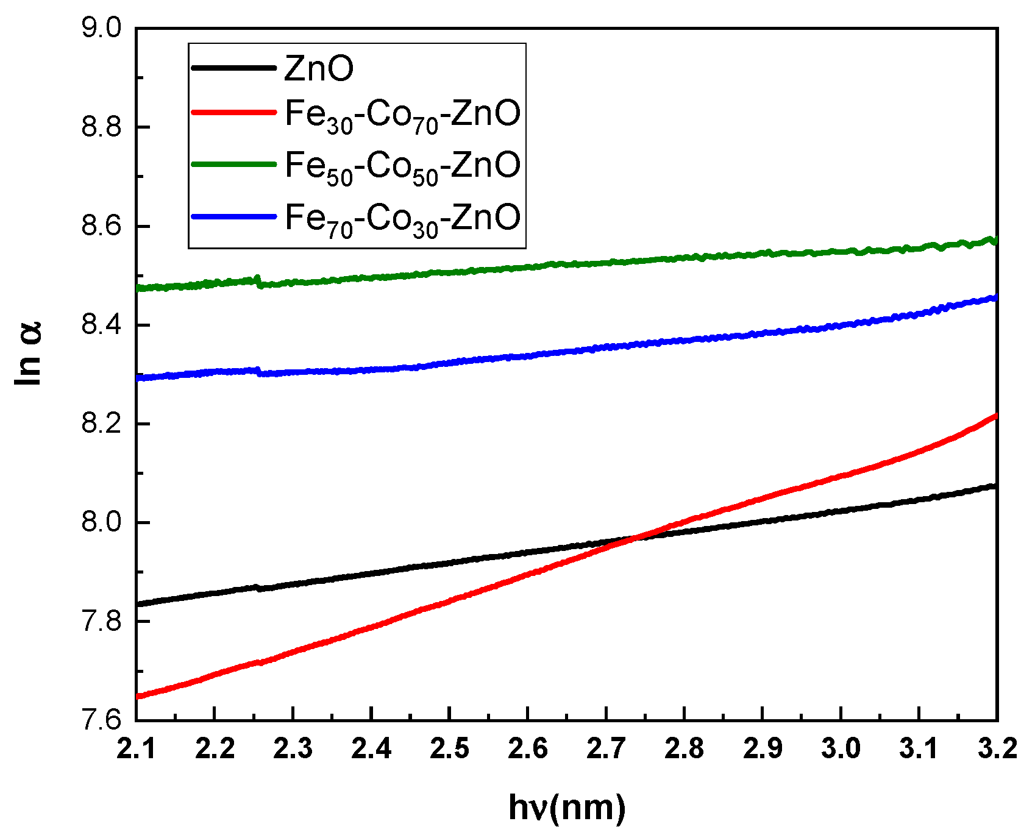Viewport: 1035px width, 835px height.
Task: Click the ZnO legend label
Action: coord(319,68)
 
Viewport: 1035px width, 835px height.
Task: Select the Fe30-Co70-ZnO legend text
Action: coord(403,114)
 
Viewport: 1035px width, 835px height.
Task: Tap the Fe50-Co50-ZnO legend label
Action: coord(403,165)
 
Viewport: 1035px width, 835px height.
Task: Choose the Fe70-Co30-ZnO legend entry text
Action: coord(403,218)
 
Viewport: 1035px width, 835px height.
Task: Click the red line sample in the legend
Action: coord(233,112)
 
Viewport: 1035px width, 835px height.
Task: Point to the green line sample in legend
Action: coord(233,164)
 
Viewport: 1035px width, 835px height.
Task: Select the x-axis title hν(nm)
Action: coord(567,808)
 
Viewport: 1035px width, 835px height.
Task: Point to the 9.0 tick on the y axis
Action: coord(102,29)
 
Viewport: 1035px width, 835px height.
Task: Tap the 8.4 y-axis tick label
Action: coord(102,325)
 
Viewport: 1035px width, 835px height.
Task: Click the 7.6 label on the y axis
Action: coord(102,720)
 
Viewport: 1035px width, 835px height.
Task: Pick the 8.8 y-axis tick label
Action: coord(102,127)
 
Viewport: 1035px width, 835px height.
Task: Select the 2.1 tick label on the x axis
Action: coord(137,749)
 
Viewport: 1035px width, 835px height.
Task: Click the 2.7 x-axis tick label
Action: coord(606,749)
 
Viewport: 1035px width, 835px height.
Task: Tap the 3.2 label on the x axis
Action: coord(997,749)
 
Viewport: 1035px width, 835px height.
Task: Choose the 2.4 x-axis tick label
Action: coord(371,749)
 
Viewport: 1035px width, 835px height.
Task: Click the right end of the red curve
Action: coord(996,416)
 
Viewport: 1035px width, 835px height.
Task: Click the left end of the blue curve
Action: coord(138,378)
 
